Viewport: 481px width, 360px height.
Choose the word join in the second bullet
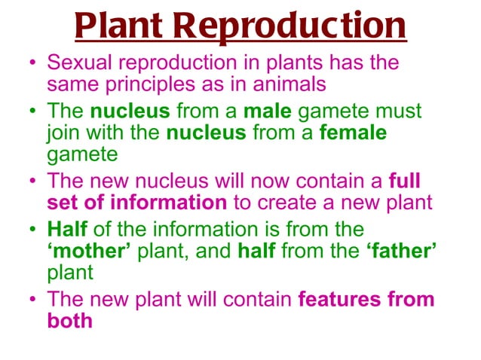(63, 133)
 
